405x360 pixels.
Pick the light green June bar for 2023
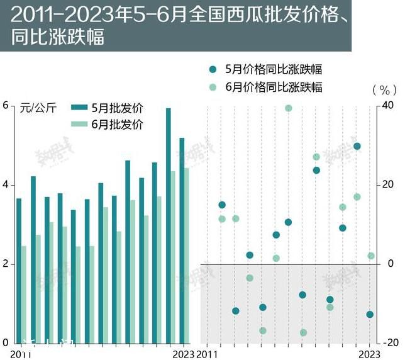coord(187,255)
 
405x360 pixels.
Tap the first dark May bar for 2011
coord(19,271)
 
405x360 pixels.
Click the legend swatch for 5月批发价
coord(79,107)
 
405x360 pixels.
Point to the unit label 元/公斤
coord(38,108)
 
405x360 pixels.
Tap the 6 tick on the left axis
coord(6,105)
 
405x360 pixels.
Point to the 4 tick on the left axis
coord(6,185)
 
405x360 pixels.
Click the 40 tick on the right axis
coord(390,105)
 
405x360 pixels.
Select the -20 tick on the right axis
coord(390,343)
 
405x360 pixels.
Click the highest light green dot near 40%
coord(289,108)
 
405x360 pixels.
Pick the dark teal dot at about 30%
coord(357,146)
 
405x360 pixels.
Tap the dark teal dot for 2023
coord(370,315)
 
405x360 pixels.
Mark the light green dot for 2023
coord(371,256)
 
